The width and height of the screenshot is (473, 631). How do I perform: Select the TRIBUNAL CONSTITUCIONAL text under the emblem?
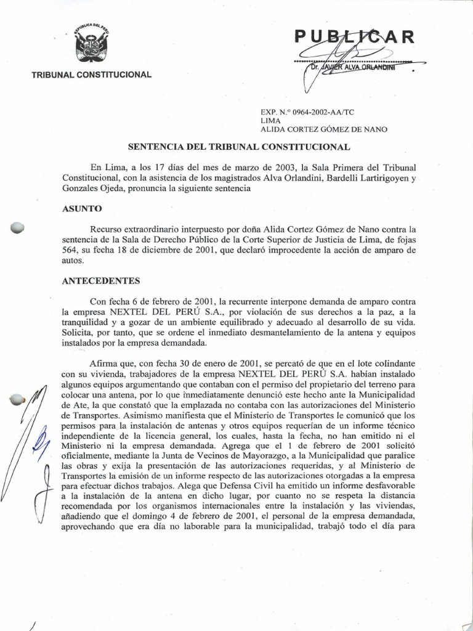91,75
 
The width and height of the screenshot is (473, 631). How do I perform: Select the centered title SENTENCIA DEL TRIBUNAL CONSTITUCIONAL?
239,147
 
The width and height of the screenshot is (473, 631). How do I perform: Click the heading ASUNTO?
81,209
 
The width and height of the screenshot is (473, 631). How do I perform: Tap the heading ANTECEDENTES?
102,281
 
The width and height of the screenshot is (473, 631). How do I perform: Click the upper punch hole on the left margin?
17,227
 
